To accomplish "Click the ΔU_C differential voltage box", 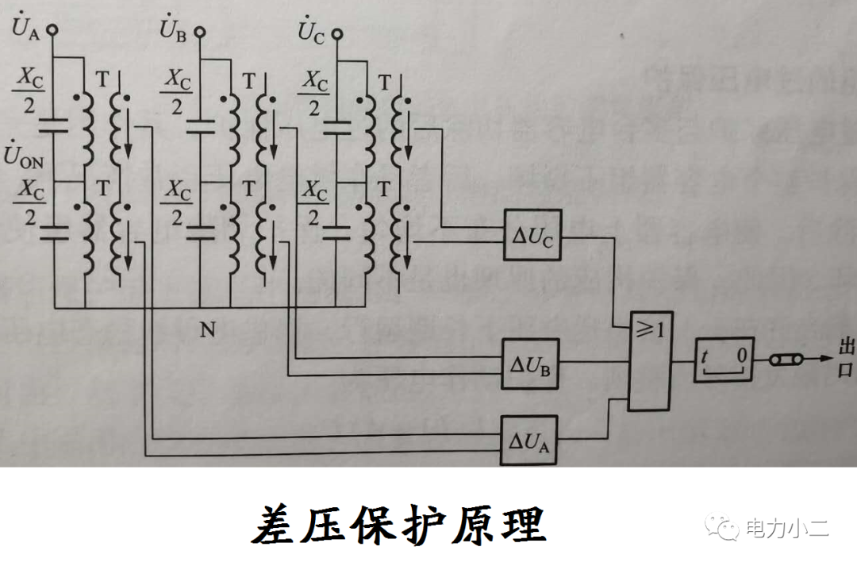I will pos(531,236).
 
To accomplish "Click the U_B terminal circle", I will pos(200,33).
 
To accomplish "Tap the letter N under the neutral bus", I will pos(208,329).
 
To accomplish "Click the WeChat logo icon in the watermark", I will pos(725,526).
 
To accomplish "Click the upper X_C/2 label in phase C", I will pos(315,93).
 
